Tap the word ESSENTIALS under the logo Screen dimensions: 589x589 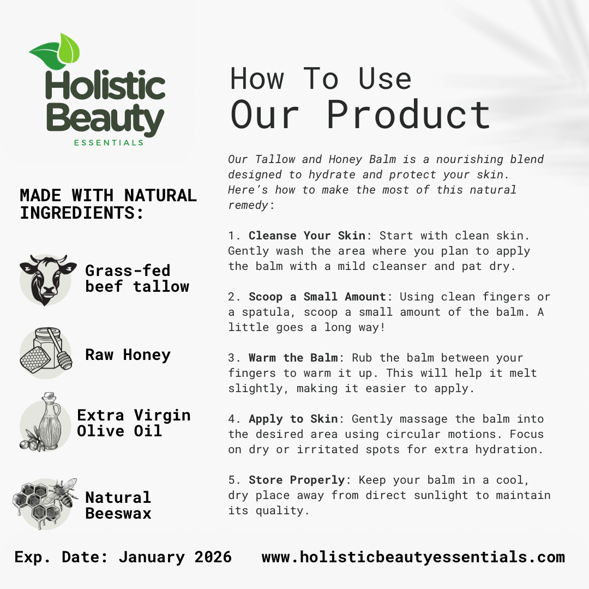(109, 143)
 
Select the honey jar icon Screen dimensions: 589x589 (47, 352)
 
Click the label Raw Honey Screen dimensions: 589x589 (128, 355)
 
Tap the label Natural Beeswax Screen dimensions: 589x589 (118, 505)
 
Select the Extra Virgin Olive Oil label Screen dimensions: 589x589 (134, 423)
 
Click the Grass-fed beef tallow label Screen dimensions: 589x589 (137, 278)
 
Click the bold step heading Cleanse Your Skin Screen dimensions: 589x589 (307, 236)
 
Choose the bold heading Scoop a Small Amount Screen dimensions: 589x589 (317, 297)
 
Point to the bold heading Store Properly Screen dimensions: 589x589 (297, 480)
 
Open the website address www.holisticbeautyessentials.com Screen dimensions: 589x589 (413, 557)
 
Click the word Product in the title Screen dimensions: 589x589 (408, 115)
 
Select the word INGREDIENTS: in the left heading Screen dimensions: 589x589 (82, 213)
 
